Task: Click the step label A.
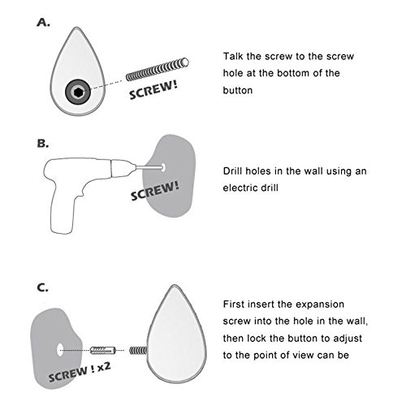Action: (43, 23)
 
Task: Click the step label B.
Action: (43, 144)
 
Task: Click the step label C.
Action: (42, 287)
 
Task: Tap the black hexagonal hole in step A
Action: (78, 93)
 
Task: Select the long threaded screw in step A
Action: (158, 69)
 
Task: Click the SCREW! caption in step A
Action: (153, 90)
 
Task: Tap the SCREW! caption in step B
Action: (154, 191)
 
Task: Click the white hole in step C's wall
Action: (60, 350)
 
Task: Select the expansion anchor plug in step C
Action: (103, 350)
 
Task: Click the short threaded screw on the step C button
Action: (138, 351)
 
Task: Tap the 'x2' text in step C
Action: (104, 367)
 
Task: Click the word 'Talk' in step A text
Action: (233, 56)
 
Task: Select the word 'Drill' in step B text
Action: (233, 171)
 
